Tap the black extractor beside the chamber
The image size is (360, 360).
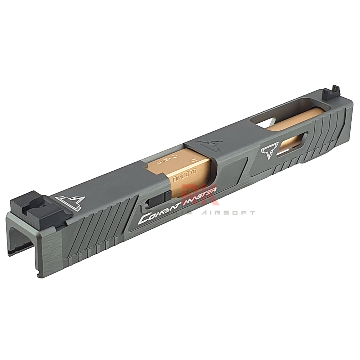[x=158, y=199]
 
